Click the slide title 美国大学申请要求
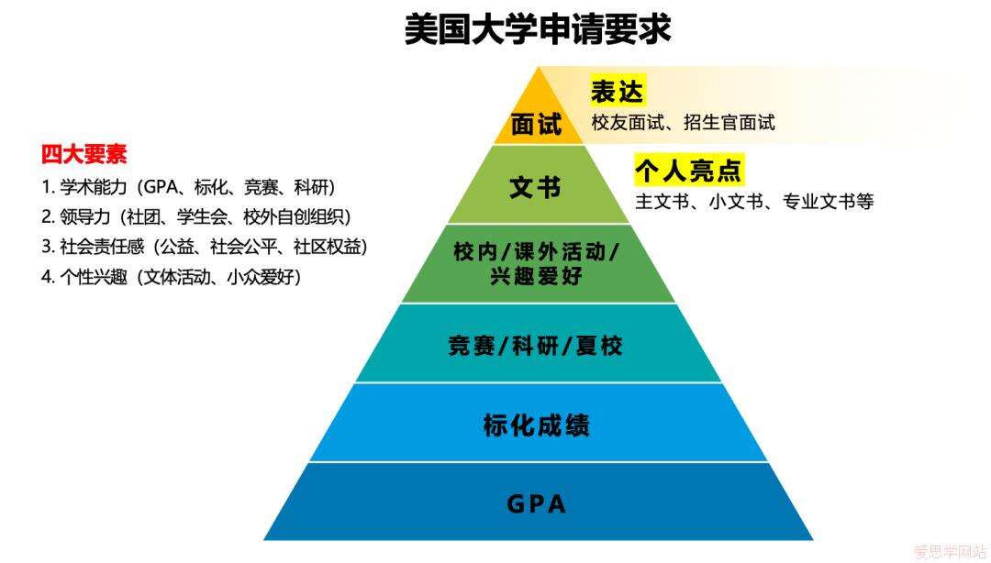click(x=538, y=29)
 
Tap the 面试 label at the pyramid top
click(x=536, y=125)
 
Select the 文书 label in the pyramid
click(x=535, y=188)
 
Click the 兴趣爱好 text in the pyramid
click(x=536, y=276)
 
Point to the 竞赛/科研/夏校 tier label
click(x=536, y=346)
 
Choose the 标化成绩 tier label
click(x=536, y=425)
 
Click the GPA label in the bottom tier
click(x=536, y=504)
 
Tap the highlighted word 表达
click(x=618, y=91)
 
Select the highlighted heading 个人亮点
click(x=688, y=171)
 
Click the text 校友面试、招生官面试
click(x=684, y=122)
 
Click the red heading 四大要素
click(x=84, y=155)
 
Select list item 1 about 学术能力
click(x=189, y=187)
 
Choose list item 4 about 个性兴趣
click(x=172, y=277)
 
